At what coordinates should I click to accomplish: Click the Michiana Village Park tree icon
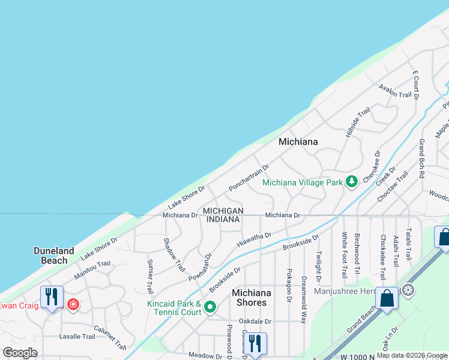tap(352, 182)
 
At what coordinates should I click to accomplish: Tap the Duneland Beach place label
tap(54, 256)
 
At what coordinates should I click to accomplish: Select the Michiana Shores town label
tap(252, 297)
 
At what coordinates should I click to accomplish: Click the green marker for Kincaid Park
tap(210, 308)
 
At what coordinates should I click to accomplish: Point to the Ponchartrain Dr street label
tap(249, 178)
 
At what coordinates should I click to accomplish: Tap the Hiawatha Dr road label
tap(254, 240)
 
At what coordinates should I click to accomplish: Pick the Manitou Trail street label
tap(92, 271)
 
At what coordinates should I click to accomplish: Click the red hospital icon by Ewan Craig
tap(73, 305)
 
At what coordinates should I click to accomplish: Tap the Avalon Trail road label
tap(395, 91)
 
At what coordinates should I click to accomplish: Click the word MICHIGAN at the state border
tap(223, 211)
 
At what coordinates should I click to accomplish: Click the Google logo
tap(20, 353)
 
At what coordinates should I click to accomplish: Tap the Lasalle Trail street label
tap(77, 337)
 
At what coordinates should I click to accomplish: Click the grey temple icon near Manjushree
tap(408, 291)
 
